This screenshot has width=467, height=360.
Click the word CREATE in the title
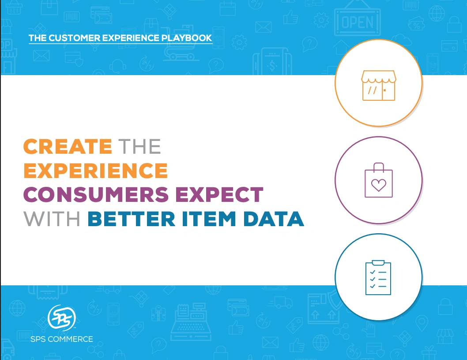(x=68, y=147)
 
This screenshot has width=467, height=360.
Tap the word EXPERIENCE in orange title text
(x=95, y=171)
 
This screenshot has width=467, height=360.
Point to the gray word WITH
(x=52, y=219)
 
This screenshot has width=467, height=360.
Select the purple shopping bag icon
(x=378, y=180)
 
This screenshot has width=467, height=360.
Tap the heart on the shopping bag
(x=378, y=185)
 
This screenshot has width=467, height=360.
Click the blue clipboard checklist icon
(x=378, y=277)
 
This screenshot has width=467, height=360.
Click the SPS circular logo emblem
(x=61, y=317)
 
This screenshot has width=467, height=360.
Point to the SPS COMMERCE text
(x=62, y=339)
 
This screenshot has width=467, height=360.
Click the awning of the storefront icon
(x=378, y=76)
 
